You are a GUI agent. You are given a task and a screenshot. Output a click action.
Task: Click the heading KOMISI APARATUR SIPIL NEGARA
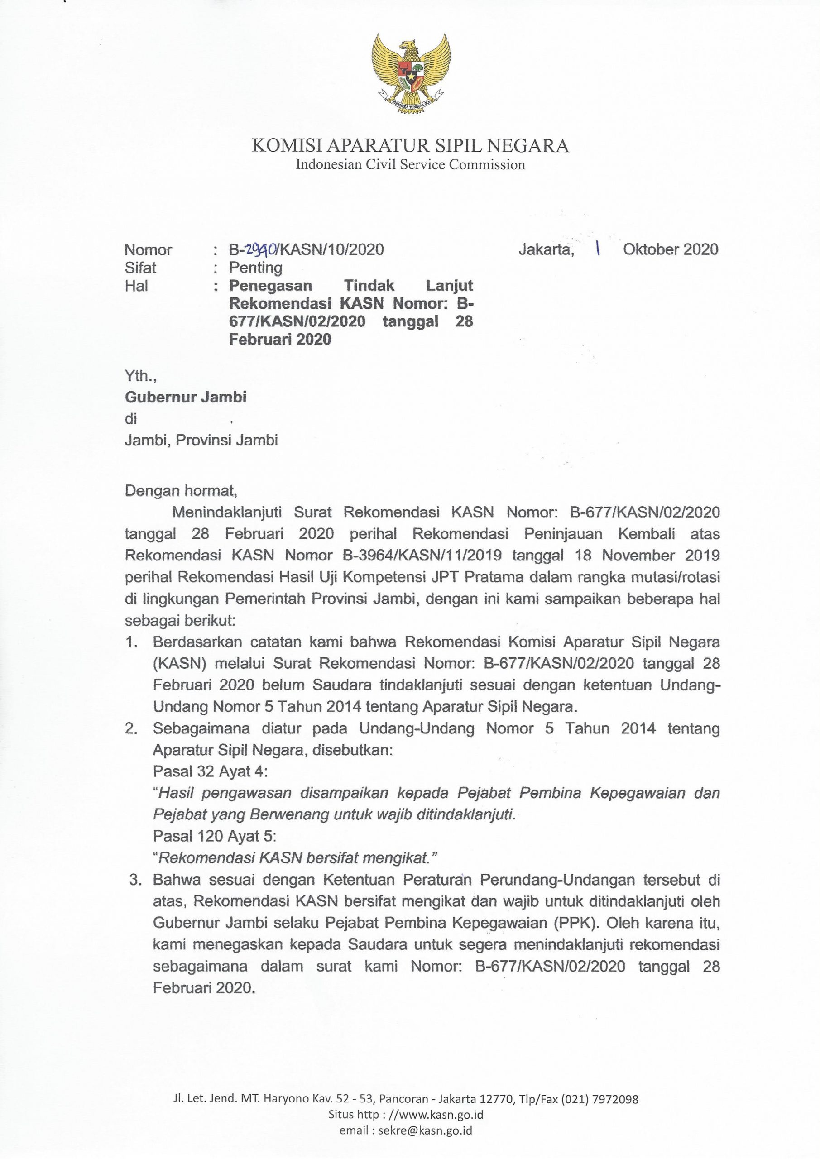coord(410,146)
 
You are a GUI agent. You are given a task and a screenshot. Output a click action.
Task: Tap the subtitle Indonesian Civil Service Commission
coord(410,164)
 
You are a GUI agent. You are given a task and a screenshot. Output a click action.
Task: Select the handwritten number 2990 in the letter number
coord(262,249)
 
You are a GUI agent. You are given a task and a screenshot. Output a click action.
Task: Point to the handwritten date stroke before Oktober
coord(598,249)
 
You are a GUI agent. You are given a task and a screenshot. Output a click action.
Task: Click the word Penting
coord(255,268)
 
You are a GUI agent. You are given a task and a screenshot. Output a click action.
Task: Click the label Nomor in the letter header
coord(148,250)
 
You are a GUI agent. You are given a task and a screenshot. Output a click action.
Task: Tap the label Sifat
coord(140,268)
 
